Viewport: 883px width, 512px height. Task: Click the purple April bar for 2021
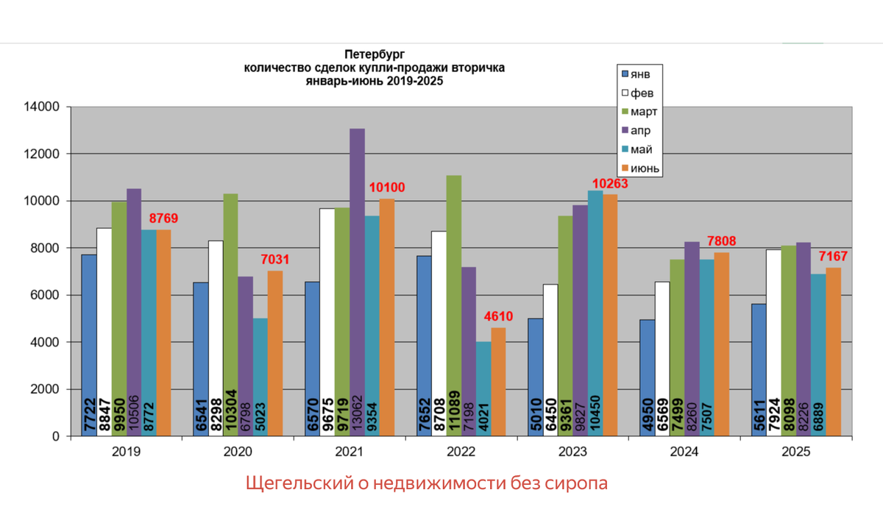point(357,280)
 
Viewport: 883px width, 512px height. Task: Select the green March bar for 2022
point(454,302)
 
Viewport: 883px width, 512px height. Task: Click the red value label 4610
point(498,317)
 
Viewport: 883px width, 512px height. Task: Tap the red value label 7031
point(274,260)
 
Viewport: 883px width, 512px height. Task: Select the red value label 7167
point(834,257)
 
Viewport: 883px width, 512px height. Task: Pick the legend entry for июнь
point(645,169)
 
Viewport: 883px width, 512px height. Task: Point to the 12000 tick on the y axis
point(42,154)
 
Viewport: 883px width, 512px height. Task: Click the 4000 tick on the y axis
point(45,343)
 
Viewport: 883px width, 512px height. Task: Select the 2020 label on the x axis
point(238,452)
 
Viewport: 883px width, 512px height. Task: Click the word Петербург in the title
point(375,54)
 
